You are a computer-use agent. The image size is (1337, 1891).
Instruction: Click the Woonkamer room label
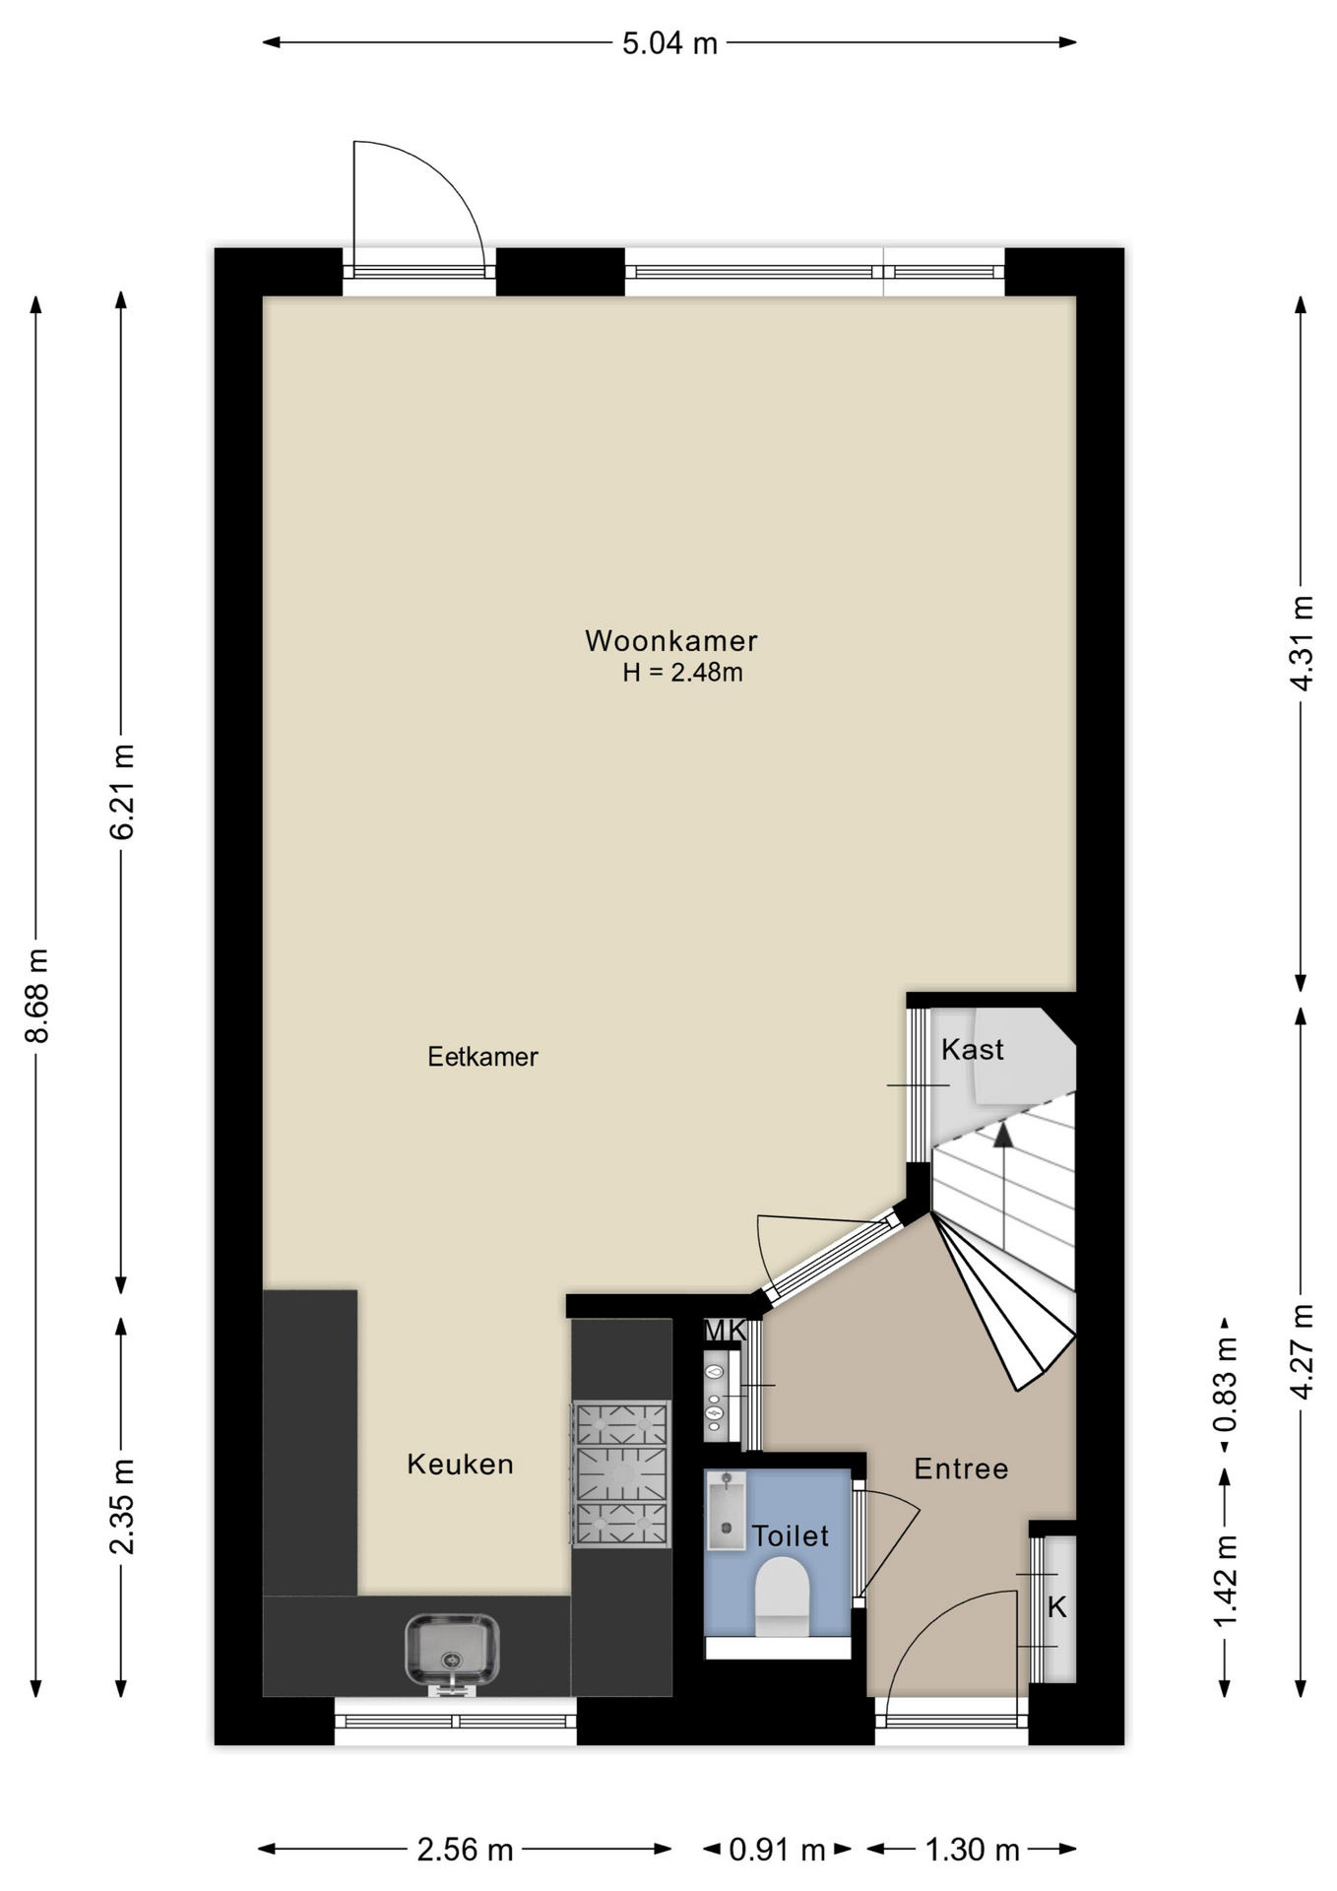[x=670, y=641]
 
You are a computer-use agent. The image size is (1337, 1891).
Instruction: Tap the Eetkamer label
[x=482, y=1057]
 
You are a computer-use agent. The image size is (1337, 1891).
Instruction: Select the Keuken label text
[x=460, y=1465]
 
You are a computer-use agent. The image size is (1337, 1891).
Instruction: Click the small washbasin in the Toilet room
[x=727, y=1511]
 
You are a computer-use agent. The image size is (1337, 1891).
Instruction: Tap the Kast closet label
[x=973, y=1050]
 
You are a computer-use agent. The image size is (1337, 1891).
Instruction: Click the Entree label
[x=961, y=1469]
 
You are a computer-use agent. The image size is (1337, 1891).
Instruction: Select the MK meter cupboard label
[x=726, y=1331]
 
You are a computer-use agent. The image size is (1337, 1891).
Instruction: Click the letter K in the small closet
[x=1056, y=1607]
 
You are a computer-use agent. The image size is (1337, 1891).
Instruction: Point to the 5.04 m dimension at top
[x=669, y=43]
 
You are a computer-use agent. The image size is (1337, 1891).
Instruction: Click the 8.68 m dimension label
[x=37, y=996]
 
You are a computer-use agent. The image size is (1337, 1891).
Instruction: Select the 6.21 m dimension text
[x=122, y=792]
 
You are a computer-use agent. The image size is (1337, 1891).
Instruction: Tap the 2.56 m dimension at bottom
[x=465, y=1850]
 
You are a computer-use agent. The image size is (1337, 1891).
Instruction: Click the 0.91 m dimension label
[x=777, y=1850]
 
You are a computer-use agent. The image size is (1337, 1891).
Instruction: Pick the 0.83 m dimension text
[x=1226, y=1387]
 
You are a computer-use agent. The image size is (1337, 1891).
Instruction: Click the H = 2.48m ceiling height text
[x=682, y=673]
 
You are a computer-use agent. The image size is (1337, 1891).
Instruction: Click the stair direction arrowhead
[x=1002, y=1135]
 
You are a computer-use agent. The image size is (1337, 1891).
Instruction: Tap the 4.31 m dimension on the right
[x=1302, y=643]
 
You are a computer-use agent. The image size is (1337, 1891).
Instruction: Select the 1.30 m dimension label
[x=972, y=1850]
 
